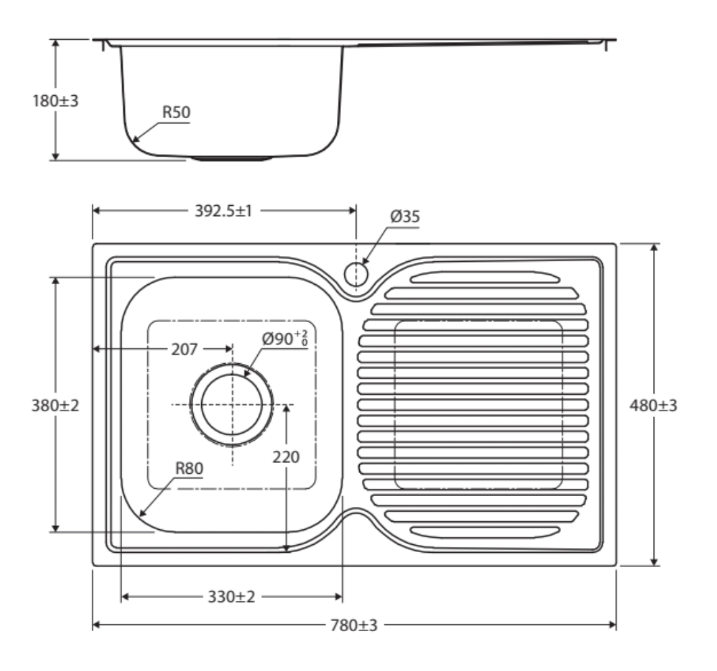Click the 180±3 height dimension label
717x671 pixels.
click(55, 101)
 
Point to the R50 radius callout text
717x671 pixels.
click(176, 112)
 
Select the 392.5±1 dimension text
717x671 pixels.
click(223, 211)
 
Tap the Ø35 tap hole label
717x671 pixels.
click(404, 216)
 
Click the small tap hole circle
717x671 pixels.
click(356, 274)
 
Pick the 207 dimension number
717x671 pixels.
click(184, 350)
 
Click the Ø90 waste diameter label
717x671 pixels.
click(284, 338)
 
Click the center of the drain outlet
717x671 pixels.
click(232, 404)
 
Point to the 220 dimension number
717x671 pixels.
click(286, 457)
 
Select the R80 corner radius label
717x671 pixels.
click(189, 468)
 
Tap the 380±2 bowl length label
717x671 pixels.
click(55, 406)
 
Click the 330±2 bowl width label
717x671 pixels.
click(232, 597)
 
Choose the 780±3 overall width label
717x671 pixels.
click(354, 625)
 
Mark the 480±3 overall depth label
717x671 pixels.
click(654, 406)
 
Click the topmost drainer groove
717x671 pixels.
click(485, 277)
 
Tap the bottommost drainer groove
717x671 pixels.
click(485, 532)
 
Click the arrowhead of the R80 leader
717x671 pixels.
click(142, 514)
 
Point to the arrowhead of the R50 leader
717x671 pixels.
click(134, 139)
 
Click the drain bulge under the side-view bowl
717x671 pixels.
click(231, 159)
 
